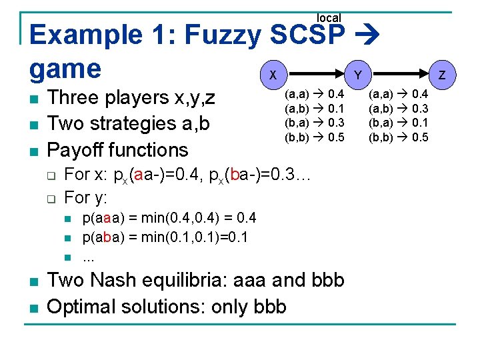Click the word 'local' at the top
tap(328, 18)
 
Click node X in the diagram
tap(273, 75)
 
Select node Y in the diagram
tap(358, 75)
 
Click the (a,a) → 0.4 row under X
tap(315, 95)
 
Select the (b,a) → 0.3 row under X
tap(315, 123)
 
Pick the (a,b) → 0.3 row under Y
tap(399, 109)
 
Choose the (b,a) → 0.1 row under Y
tap(399, 123)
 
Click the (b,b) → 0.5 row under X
tap(315, 137)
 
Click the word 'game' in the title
tap(65, 69)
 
